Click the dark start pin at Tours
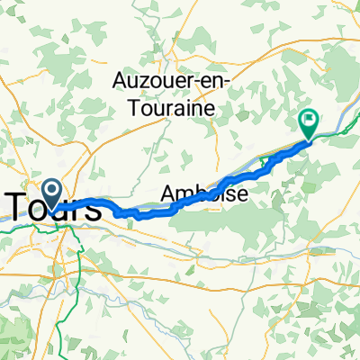click(x=52, y=191)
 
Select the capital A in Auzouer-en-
click(x=121, y=81)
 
